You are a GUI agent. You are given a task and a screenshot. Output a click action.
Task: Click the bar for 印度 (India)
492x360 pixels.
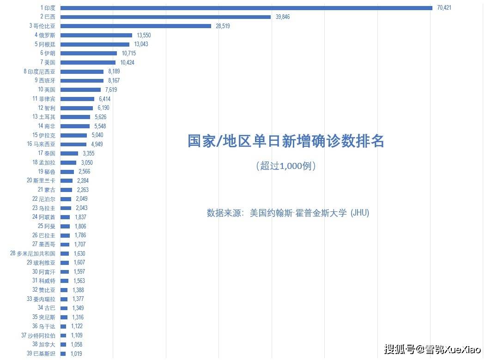(x=246, y=8)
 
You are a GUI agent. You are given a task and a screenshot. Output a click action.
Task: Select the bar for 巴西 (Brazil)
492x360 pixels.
(x=165, y=17)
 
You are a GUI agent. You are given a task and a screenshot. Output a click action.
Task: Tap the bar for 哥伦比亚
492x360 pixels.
(x=136, y=26)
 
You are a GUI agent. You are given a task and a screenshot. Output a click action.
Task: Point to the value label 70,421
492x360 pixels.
(x=444, y=8)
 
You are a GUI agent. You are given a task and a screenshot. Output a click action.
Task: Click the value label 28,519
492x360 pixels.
(x=223, y=26)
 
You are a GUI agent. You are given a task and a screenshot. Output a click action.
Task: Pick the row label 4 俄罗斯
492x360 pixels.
(x=45, y=35)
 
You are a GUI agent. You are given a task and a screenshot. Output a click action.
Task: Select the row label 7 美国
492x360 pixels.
(x=48, y=62)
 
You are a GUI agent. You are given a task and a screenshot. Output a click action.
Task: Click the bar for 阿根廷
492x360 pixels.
(x=95, y=44)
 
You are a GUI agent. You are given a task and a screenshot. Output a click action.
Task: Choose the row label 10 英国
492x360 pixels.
(x=47, y=90)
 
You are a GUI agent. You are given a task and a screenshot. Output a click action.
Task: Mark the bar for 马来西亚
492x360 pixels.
(x=73, y=144)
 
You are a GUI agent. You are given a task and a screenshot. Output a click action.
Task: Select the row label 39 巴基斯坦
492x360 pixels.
(x=41, y=354)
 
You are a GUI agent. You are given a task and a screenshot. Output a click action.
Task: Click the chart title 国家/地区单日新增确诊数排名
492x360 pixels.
(x=285, y=141)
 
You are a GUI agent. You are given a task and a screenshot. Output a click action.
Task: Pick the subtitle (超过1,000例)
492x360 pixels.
(x=285, y=166)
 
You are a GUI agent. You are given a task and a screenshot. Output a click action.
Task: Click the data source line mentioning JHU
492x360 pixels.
(x=288, y=213)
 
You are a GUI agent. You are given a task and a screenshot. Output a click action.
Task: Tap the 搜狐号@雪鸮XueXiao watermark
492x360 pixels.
(x=433, y=349)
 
